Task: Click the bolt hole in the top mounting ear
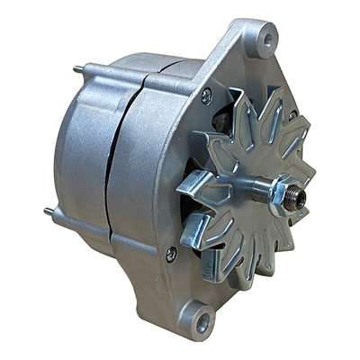[x=263, y=40]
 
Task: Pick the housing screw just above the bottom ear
[x=171, y=255]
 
